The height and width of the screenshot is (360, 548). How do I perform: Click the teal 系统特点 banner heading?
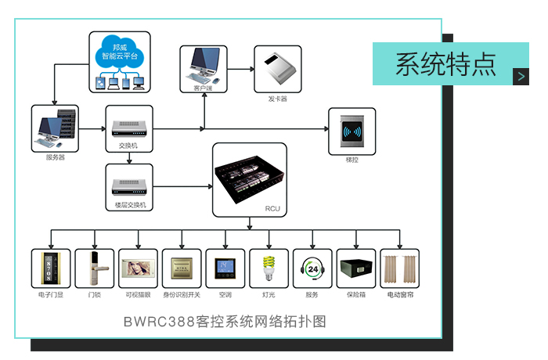click(445, 63)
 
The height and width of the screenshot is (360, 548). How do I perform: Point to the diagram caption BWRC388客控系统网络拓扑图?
click(224, 322)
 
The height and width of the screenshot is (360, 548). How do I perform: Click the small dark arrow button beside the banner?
click(521, 76)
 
